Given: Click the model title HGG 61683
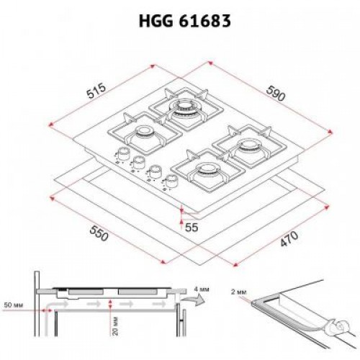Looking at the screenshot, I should click(x=180, y=21).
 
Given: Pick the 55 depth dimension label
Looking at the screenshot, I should click(x=192, y=227).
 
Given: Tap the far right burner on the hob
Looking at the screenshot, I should click(x=251, y=148).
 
